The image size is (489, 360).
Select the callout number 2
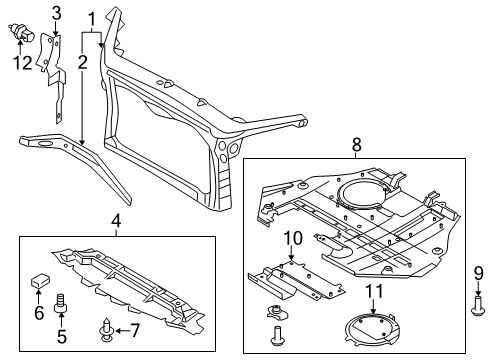point(83,62)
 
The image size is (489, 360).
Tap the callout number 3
point(56,13)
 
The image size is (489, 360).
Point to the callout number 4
point(115,221)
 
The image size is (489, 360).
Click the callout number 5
point(61,337)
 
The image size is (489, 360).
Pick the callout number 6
point(40,313)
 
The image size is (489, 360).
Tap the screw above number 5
point(61,301)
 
